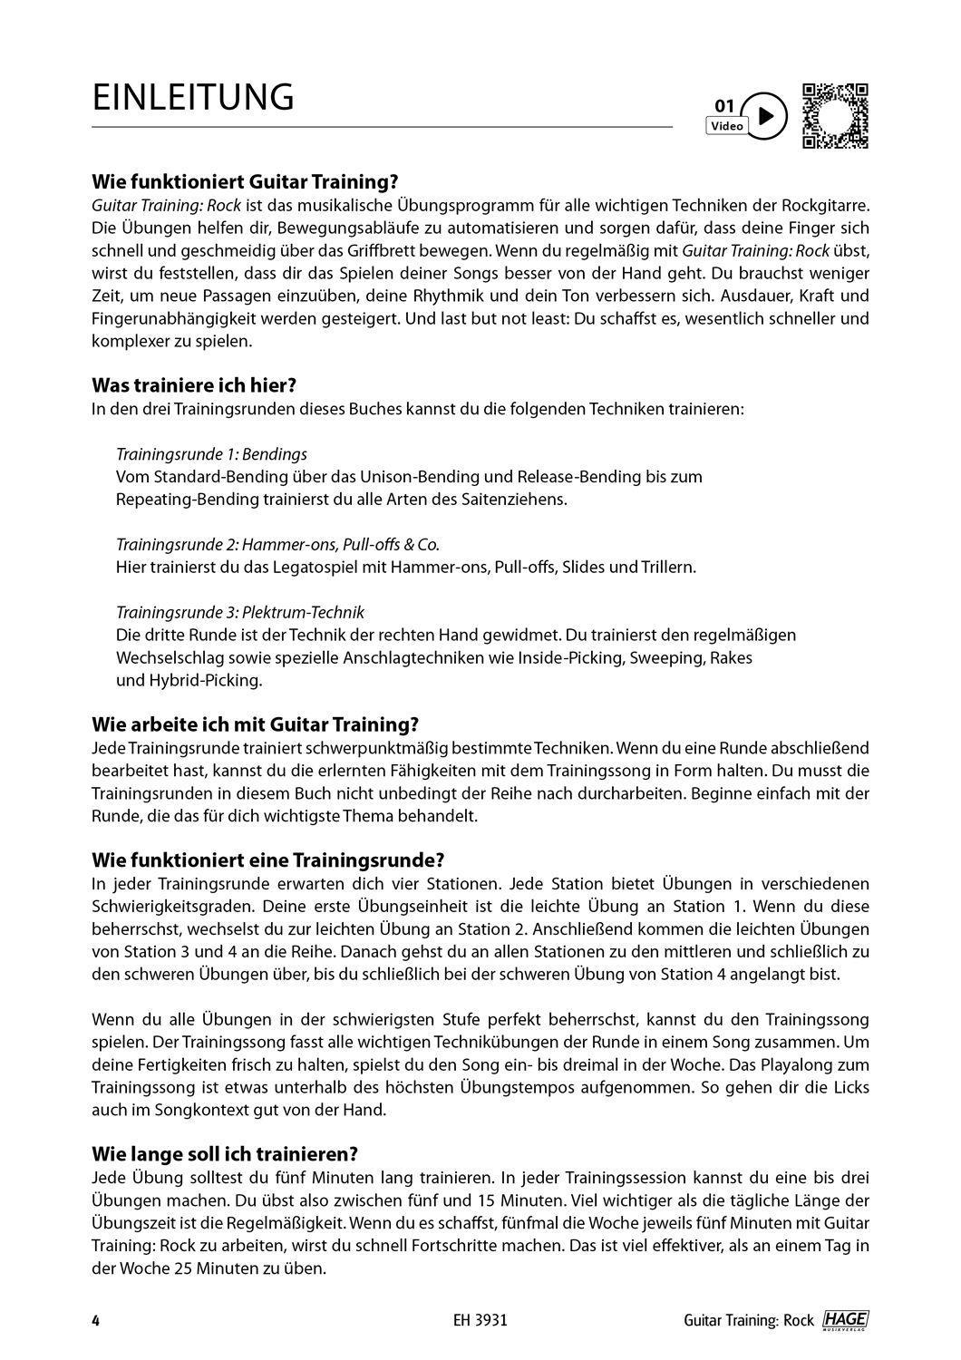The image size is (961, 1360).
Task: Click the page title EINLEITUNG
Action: (193, 98)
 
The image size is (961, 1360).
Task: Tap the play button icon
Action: (766, 116)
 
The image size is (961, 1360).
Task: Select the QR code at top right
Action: (835, 115)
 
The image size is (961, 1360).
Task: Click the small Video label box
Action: (726, 126)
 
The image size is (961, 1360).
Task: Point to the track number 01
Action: (724, 105)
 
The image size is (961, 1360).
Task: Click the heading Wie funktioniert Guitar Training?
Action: (246, 182)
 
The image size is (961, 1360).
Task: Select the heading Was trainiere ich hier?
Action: (194, 385)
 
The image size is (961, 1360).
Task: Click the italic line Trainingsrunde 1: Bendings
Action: (211, 453)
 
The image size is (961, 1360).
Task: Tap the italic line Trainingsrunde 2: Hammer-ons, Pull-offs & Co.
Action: (277, 544)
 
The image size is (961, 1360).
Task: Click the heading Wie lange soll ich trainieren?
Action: (225, 1154)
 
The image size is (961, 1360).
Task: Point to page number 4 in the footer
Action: (95, 1320)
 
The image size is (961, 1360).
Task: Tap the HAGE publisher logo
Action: (845, 1319)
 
